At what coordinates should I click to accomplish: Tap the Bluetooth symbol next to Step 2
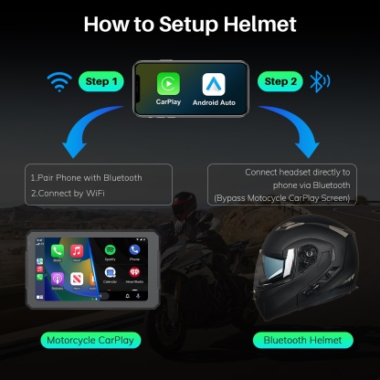coord(318,82)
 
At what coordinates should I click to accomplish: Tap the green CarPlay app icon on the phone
coord(168,84)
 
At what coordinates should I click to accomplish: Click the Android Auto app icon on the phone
coord(214,84)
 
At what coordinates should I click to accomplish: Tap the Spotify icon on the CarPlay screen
coord(110,249)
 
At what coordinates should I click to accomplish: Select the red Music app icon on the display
coord(78,249)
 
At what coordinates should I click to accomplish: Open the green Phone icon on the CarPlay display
coord(134,249)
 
